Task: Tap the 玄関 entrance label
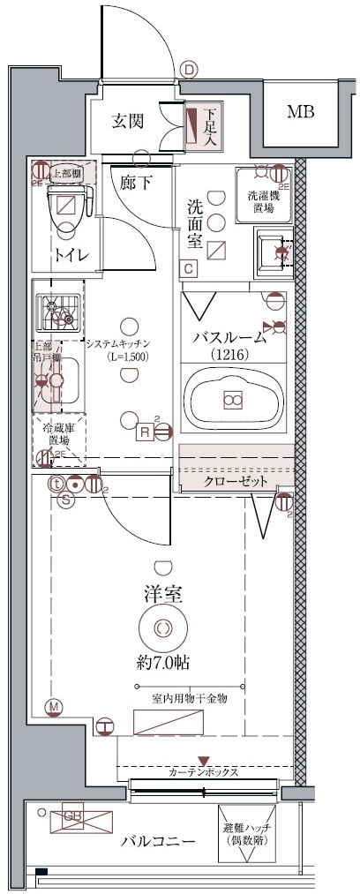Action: pyautogui.click(x=128, y=122)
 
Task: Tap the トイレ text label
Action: pyautogui.click(x=68, y=257)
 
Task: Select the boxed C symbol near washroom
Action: pyautogui.click(x=188, y=269)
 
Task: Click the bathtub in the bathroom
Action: pyautogui.click(x=234, y=400)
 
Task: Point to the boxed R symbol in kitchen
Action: pyautogui.click(x=143, y=431)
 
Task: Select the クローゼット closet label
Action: pyautogui.click(x=236, y=482)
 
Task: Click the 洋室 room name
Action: pyautogui.click(x=163, y=594)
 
